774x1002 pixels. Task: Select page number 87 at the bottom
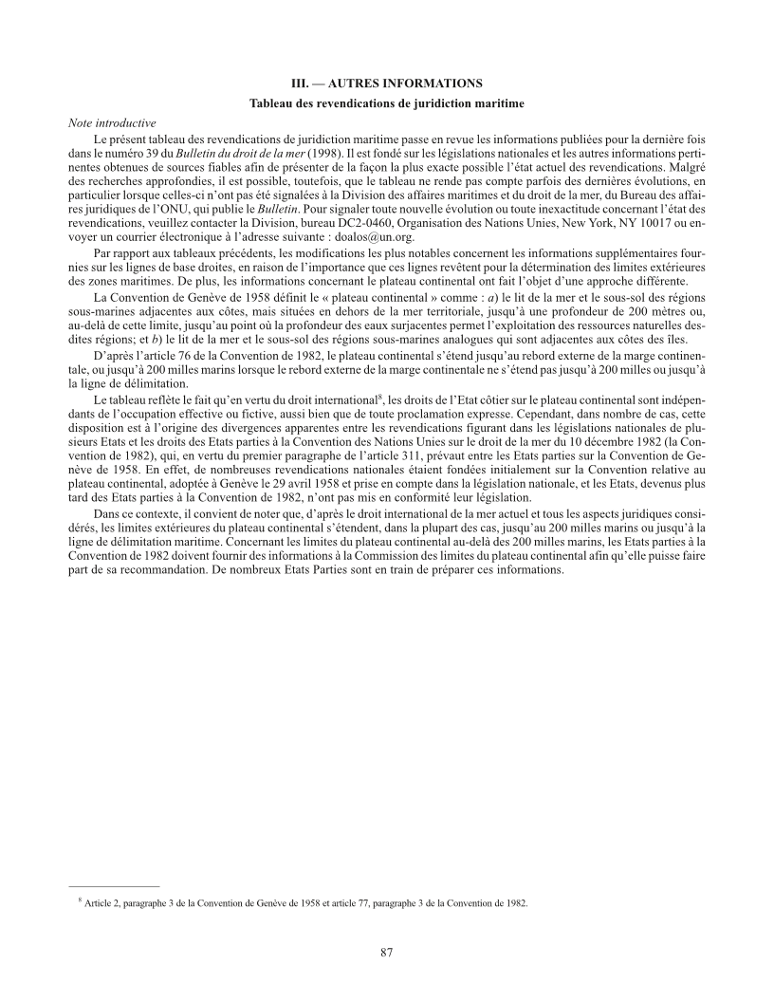(x=387, y=952)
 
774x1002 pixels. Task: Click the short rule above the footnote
(x=114, y=886)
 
